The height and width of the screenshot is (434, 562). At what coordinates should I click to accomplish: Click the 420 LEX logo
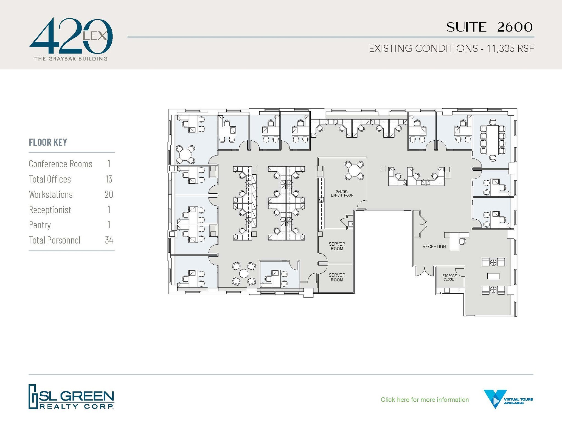point(71,38)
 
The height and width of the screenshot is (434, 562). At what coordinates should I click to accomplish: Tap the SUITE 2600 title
point(489,27)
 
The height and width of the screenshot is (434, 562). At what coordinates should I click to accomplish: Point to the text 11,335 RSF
point(510,49)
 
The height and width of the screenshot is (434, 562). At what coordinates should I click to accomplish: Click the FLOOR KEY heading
point(48,142)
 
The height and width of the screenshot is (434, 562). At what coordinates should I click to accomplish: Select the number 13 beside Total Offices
point(109,179)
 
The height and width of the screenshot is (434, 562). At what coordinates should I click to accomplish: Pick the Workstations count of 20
point(109,195)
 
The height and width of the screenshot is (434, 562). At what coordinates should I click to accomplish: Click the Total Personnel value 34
point(109,240)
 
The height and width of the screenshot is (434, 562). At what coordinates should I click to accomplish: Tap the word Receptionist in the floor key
point(50,210)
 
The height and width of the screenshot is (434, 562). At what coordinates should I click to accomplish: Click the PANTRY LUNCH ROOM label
point(342,194)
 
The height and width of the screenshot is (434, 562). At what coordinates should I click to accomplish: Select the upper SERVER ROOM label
point(337,246)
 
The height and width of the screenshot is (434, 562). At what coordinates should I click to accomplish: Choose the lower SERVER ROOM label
point(337,277)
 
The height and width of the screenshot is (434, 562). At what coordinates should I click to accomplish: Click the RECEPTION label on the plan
point(434,247)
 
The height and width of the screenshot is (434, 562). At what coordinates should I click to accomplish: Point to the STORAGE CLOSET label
point(449,277)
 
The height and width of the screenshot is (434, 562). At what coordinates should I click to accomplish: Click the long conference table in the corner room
point(493,140)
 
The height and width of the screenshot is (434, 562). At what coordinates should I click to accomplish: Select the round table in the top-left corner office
point(186,155)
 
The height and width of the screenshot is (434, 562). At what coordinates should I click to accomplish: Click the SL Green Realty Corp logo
point(71,397)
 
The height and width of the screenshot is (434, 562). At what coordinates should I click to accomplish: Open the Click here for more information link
point(425,400)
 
